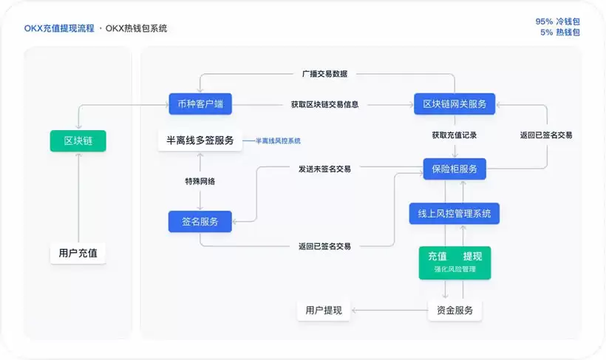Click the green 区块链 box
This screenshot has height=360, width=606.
pyautogui.click(x=78, y=140)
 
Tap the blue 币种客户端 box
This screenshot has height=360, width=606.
pyautogui.click(x=200, y=103)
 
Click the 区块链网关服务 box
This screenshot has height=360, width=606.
pyautogui.click(x=454, y=103)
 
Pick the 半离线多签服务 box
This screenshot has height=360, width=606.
pyautogui.click(x=200, y=140)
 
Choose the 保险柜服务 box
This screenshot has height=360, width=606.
pyautogui.click(x=454, y=169)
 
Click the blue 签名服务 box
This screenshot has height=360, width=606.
pyautogui.click(x=200, y=221)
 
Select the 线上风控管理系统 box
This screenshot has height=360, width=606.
pyautogui.click(x=454, y=214)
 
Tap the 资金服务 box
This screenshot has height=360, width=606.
pyautogui.click(x=454, y=310)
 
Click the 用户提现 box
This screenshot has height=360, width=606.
pyautogui.click(x=324, y=310)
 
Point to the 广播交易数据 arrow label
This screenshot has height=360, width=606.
pyautogui.click(x=324, y=74)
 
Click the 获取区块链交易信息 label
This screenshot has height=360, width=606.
pyautogui.click(x=324, y=104)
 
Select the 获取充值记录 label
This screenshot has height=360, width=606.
pyautogui.click(x=454, y=135)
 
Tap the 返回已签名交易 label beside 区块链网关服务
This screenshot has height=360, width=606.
pyautogui.click(x=546, y=135)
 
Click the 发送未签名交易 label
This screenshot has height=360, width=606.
pyautogui.click(x=324, y=169)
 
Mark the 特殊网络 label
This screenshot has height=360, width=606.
pyautogui.click(x=200, y=181)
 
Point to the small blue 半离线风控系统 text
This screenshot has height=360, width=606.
pyautogui.click(x=278, y=140)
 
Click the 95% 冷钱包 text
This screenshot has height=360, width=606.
pyautogui.click(x=557, y=21)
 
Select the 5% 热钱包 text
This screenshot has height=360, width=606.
pyautogui.click(x=559, y=33)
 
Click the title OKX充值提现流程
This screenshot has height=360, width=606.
pyautogui.click(x=59, y=28)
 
